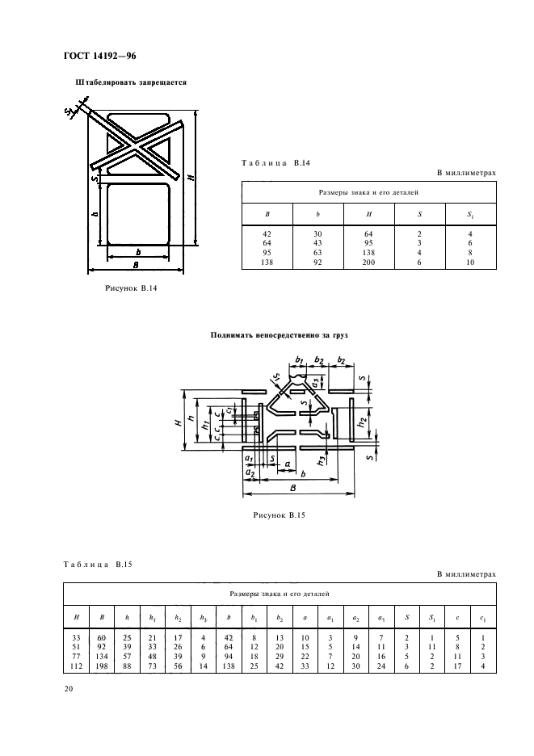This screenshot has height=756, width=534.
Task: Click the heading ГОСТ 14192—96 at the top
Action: [x=95, y=56]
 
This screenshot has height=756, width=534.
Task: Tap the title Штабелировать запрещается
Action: [x=130, y=82]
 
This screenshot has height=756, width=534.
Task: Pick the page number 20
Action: [x=67, y=688]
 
